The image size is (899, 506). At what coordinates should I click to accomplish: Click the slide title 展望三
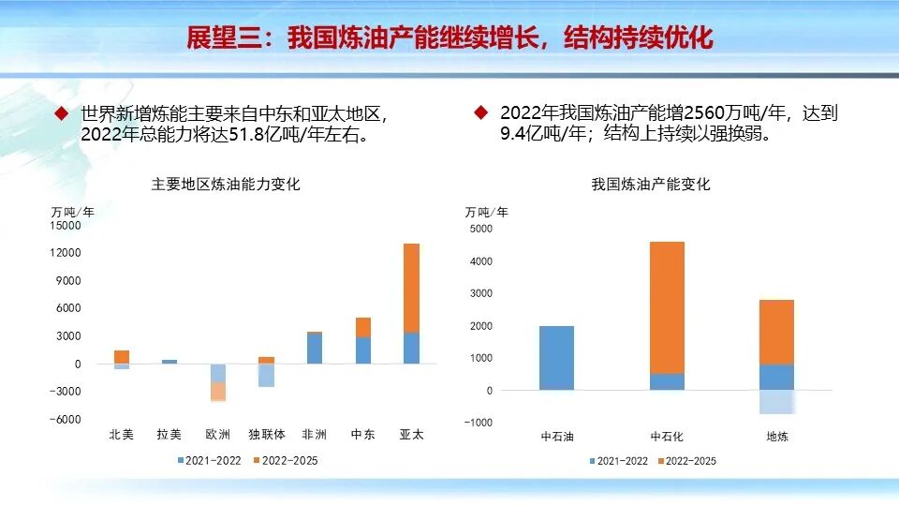pos(449,37)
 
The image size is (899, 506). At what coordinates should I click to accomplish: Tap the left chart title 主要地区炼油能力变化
pos(226,185)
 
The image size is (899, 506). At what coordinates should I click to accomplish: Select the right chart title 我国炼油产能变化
pos(651,185)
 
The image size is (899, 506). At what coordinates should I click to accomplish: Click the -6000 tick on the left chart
pos(66,420)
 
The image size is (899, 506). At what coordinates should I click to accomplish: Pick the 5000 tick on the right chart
pos(479,229)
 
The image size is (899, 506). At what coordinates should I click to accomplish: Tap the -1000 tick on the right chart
pos(479,423)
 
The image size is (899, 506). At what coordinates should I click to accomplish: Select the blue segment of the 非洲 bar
pos(314,348)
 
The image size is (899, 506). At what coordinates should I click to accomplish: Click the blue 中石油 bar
pos(556,358)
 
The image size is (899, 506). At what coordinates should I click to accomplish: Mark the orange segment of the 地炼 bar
pos(776,332)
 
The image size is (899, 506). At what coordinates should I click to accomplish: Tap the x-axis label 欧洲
pos(217,435)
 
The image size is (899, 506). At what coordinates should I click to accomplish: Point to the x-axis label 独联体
pos(266,435)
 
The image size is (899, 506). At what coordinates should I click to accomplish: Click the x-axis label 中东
pos(362,435)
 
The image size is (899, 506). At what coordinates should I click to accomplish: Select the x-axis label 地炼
pos(777,437)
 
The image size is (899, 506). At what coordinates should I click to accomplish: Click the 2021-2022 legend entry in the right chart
pos(618,460)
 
